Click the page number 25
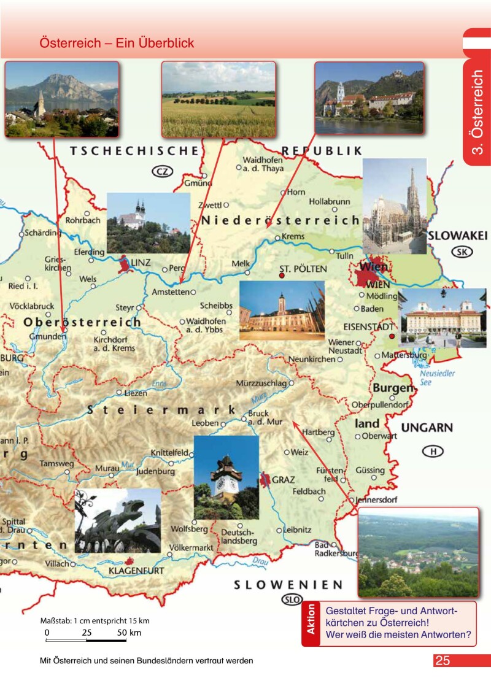click(443, 661)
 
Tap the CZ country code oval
click(162, 171)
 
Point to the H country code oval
click(433, 452)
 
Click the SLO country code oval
click(292, 600)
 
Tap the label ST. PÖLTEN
click(303, 269)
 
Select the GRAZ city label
click(284, 479)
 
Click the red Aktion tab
click(311, 623)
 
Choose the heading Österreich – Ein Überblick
click(117, 43)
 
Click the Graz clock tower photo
click(226, 477)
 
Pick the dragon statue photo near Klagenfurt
click(118, 520)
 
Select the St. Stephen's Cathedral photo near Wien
click(394, 206)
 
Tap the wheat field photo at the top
click(218, 99)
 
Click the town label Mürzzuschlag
click(261, 384)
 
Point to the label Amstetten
click(169, 292)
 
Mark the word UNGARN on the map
click(427, 428)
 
